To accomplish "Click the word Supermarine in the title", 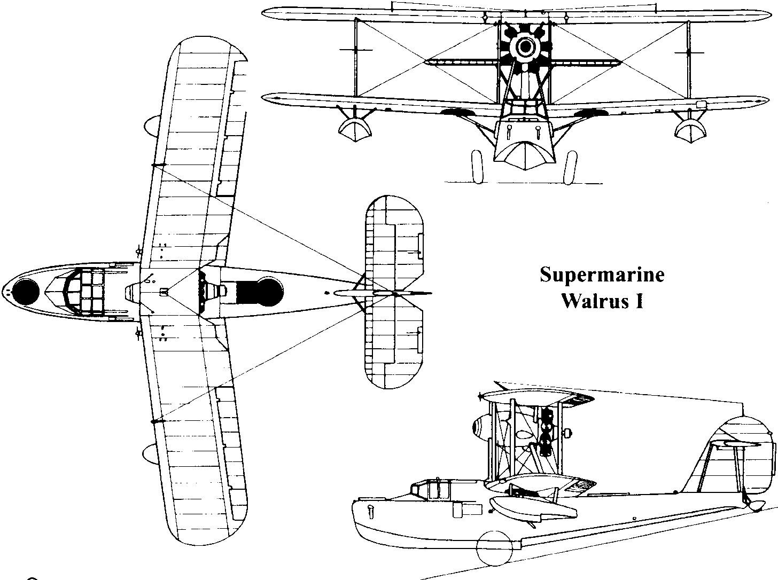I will click(602, 276).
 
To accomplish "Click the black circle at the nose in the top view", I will click(26, 292).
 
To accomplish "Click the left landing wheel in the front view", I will click(477, 167).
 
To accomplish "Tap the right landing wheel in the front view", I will click(571, 167).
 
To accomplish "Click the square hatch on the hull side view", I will click(460, 510).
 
